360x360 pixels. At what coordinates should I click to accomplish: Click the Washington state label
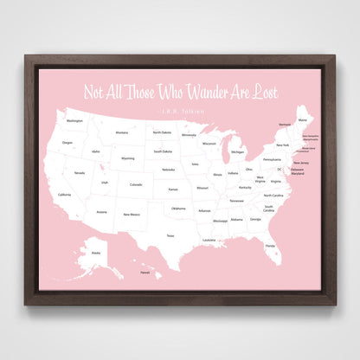pyautogui.click(x=74, y=121)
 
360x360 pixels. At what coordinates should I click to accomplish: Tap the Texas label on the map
pyautogui.click(x=170, y=235)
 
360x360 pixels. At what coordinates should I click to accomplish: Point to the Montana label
pyautogui.click(x=122, y=132)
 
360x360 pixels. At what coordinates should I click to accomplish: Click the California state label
pyautogui.click(x=64, y=195)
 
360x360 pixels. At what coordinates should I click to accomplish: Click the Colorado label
pyautogui.click(x=135, y=184)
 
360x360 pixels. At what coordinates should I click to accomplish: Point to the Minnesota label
pyautogui.click(x=189, y=135)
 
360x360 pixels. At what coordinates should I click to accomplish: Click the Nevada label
pyautogui.click(x=80, y=173)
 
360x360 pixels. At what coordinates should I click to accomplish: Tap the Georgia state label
pyautogui.click(x=255, y=219)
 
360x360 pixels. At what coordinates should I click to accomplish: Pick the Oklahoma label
pyautogui.click(x=177, y=209)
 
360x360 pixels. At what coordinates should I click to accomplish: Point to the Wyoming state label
pyautogui.click(x=127, y=158)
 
